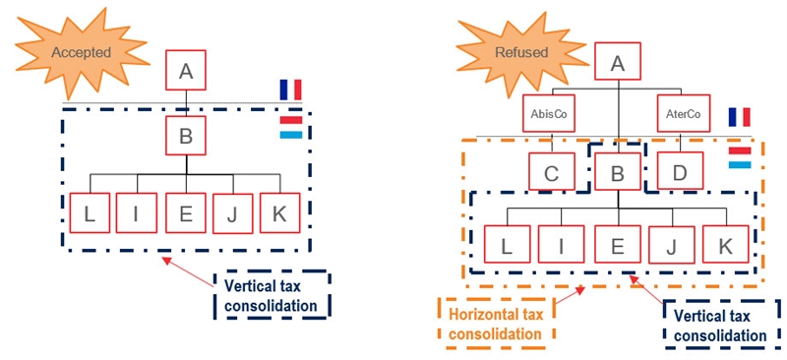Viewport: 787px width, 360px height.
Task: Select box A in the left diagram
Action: (185, 70)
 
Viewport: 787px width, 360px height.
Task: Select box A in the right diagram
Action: (618, 64)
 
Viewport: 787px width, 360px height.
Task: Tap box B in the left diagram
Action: (185, 136)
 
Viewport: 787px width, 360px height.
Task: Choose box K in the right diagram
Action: (726, 246)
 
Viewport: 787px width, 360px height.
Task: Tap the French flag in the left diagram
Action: (290, 90)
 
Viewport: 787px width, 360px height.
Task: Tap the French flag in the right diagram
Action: (739, 118)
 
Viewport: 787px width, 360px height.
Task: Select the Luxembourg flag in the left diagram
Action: (290, 127)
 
